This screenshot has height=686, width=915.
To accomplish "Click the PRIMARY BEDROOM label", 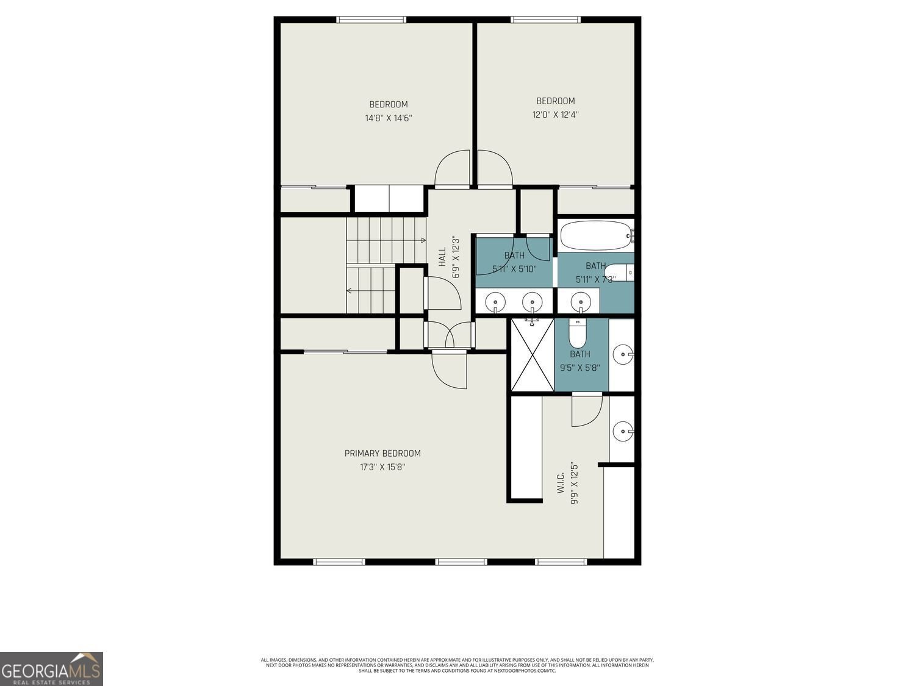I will coord(382,453).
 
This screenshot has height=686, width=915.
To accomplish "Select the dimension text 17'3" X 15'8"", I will coord(382,467).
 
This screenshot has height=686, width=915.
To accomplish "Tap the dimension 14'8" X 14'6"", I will coord(389,118).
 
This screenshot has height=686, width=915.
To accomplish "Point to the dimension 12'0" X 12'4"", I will coord(555,115).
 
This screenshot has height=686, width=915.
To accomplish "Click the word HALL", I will coord(442,256).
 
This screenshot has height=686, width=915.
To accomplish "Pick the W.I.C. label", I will coord(561,481).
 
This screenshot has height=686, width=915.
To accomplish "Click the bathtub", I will coord(595,235).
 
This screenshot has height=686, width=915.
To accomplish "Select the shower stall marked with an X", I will coord(532,354).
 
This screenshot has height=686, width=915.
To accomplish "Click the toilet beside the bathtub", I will coord(619,272).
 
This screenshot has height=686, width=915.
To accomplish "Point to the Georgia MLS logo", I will coord(51,669).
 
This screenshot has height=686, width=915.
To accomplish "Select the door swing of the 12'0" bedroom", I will coord(493,168).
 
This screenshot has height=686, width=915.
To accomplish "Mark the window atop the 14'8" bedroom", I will coord(372,20).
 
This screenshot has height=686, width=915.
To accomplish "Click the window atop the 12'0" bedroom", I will coord(546,20).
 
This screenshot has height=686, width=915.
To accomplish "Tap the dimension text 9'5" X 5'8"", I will coord(580,368).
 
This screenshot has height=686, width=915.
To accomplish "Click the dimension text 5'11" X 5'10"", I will coord(514,268).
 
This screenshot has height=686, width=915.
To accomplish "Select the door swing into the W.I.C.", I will coord(586,411).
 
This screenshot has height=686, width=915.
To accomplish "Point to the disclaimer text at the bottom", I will coord(457,665).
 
